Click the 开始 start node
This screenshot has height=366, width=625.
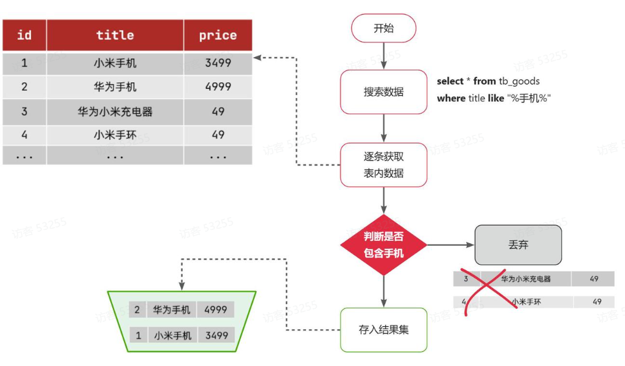tap(383, 28)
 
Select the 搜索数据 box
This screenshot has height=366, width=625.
tap(383, 92)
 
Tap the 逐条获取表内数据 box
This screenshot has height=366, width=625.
tap(383, 165)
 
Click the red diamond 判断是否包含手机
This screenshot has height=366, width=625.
tap(383, 245)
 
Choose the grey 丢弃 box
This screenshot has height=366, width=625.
tap(518, 245)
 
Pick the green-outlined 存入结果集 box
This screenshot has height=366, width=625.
tap(383, 330)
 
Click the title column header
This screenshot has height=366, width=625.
tap(115, 35)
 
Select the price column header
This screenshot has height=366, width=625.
tap(218, 35)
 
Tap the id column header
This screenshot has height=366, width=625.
tap(24, 35)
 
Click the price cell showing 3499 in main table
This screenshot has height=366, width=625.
tap(218, 63)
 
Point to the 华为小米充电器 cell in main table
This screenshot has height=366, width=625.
tap(115, 112)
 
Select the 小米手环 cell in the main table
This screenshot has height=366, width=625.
tap(115, 135)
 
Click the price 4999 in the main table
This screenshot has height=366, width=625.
tap(218, 87)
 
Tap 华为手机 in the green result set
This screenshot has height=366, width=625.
tap(172, 310)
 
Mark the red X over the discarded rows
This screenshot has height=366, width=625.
tap(491, 291)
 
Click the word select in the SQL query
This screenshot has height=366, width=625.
tap(450, 81)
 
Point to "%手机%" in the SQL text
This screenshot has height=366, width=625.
tap(529, 98)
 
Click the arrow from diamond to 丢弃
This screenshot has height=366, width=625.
tap(451, 245)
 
